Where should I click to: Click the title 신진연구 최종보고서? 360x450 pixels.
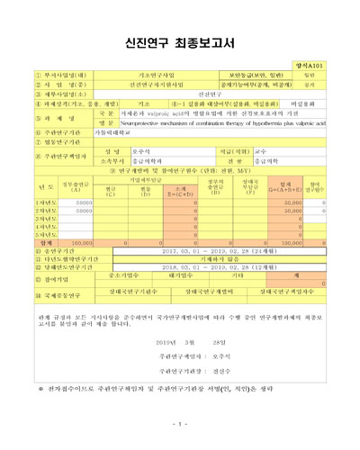[180, 40]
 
